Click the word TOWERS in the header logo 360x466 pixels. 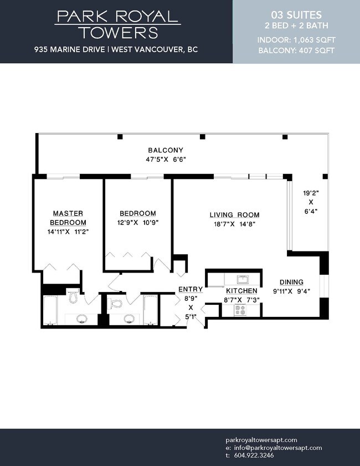point(119,33)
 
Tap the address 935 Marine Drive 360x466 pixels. point(69,49)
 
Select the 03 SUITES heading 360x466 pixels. point(296,15)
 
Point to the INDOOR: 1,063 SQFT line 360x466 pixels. point(296,40)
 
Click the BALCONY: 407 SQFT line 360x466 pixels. point(296,50)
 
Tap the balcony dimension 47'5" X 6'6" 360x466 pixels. point(166,159)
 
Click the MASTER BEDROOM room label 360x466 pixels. point(68,218)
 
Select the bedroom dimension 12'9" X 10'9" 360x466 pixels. point(138,223)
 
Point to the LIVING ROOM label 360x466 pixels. point(235,215)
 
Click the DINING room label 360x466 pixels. point(291,282)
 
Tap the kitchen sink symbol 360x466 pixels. point(244,280)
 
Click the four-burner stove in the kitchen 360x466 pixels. point(240,310)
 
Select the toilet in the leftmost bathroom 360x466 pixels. point(73,295)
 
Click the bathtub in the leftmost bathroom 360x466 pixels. point(50,310)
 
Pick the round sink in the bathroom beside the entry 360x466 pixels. point(129,319)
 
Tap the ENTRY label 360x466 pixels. point(191,289)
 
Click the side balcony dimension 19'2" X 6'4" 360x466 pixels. point(311,202)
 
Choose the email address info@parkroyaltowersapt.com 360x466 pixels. point(278,448)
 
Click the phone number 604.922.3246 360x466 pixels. point(254,455)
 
